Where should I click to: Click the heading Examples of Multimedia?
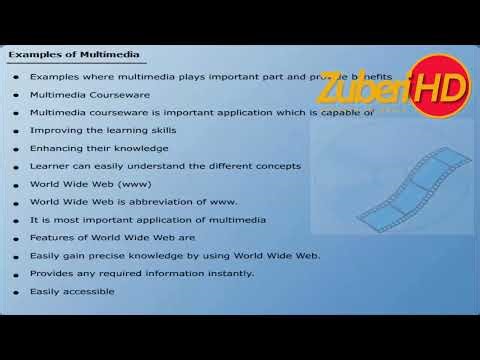tap(75, 54)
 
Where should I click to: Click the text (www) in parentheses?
tap(134, 184)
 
